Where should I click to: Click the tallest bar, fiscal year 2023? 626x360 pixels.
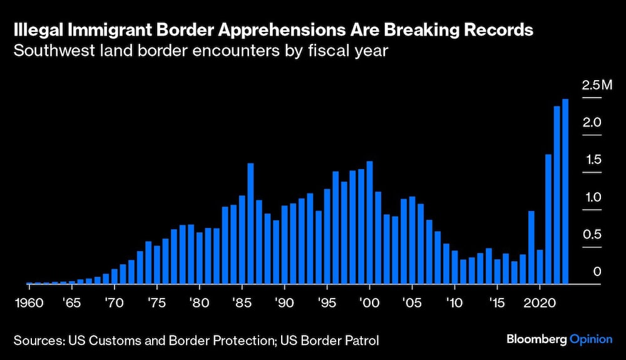click(565, 192)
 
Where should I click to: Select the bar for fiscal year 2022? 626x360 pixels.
click(557, 195)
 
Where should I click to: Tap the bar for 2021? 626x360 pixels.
click(548, 219)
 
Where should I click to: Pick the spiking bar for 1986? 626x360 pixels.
click(250, 224)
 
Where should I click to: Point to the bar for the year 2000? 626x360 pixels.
click(369, 222)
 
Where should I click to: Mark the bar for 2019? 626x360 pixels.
click(531, 247)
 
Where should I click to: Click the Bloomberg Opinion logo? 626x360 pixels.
click(559, 339)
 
